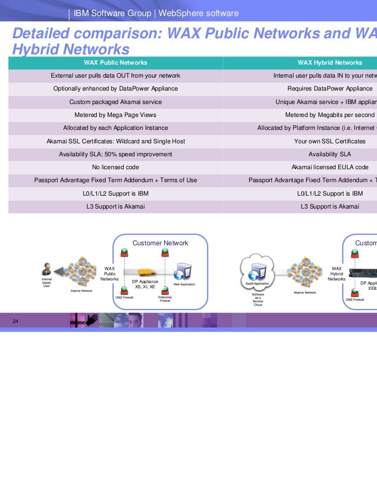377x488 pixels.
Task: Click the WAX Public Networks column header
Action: [115, 63]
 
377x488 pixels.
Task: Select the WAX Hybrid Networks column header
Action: [330, 63]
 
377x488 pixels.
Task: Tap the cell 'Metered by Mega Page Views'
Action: [115, 115]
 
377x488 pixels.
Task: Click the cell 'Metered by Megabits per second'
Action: [330, 115]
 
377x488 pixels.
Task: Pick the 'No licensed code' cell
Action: [115, 167]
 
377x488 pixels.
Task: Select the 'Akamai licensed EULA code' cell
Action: [330, 167]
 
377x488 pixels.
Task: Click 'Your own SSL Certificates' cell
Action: [330, 141]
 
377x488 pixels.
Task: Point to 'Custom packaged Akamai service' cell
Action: [115, 102]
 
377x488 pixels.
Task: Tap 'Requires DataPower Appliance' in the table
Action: [330, 88]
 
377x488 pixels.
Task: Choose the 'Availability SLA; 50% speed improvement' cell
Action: [115, 154]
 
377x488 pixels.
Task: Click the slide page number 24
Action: [16, 322]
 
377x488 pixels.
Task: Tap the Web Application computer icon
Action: [184, 271]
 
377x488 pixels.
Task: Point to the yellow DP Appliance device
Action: [141, 271]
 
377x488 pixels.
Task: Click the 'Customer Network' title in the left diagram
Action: [161, 243]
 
